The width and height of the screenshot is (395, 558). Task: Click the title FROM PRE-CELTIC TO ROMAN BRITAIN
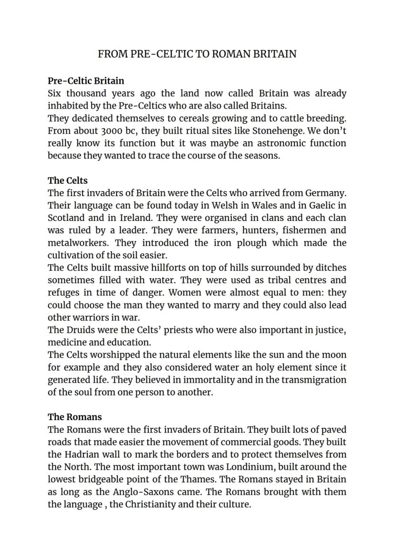[197, 54]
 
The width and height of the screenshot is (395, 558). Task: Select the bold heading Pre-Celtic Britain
[86, 81]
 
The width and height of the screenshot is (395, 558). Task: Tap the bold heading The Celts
[68, 180]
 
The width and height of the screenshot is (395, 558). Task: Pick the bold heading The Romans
[75, 417]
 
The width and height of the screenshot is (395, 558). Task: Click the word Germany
[326, 193]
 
